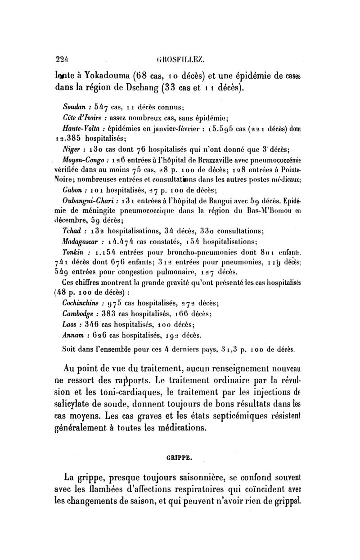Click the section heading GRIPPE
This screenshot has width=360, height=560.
pyautogui.click(x=179, y=458)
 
